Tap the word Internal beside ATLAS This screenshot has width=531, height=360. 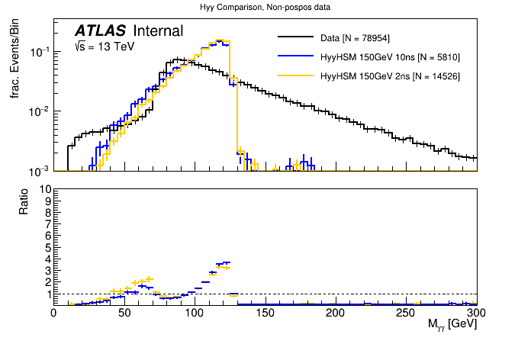pyautogui.click(x=158, y=31)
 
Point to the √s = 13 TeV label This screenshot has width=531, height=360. pyautogui.click(x=101, y=47)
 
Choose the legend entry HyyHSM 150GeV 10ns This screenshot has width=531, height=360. pyautogui.click(x=390, y=57)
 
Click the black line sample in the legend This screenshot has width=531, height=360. pyautogui.click(x=296, y=37)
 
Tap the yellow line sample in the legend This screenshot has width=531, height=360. pyautogui.click(x=296, y=76)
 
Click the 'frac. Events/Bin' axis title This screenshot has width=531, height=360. pyautogui.click(x=14, y=61)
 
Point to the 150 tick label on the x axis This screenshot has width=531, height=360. pyautogui.click(x=265, y=313)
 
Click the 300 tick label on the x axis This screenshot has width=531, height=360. pyautogui.click(x=477, y=313)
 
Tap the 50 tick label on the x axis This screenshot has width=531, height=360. pyautogui.click(x=124, y=313)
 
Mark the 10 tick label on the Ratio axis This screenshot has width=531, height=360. pyautogui.click(x=44, y=188)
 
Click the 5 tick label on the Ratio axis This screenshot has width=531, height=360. pyautogui.click(x=47, y=247)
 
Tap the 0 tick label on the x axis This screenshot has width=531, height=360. pyautogui.click(x=53, y=313)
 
